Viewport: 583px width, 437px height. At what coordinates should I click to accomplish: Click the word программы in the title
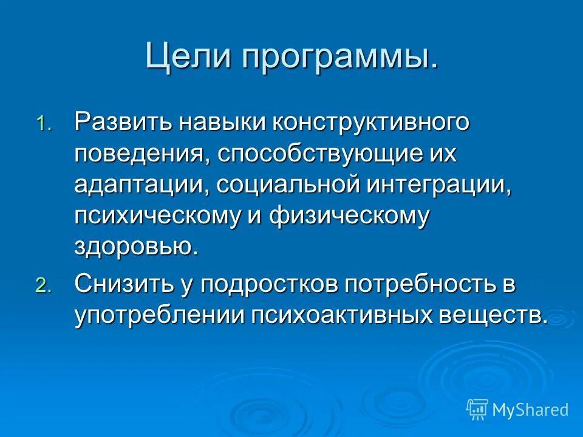339,58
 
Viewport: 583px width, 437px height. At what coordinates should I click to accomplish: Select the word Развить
122,122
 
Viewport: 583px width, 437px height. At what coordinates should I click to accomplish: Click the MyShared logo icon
477,408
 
